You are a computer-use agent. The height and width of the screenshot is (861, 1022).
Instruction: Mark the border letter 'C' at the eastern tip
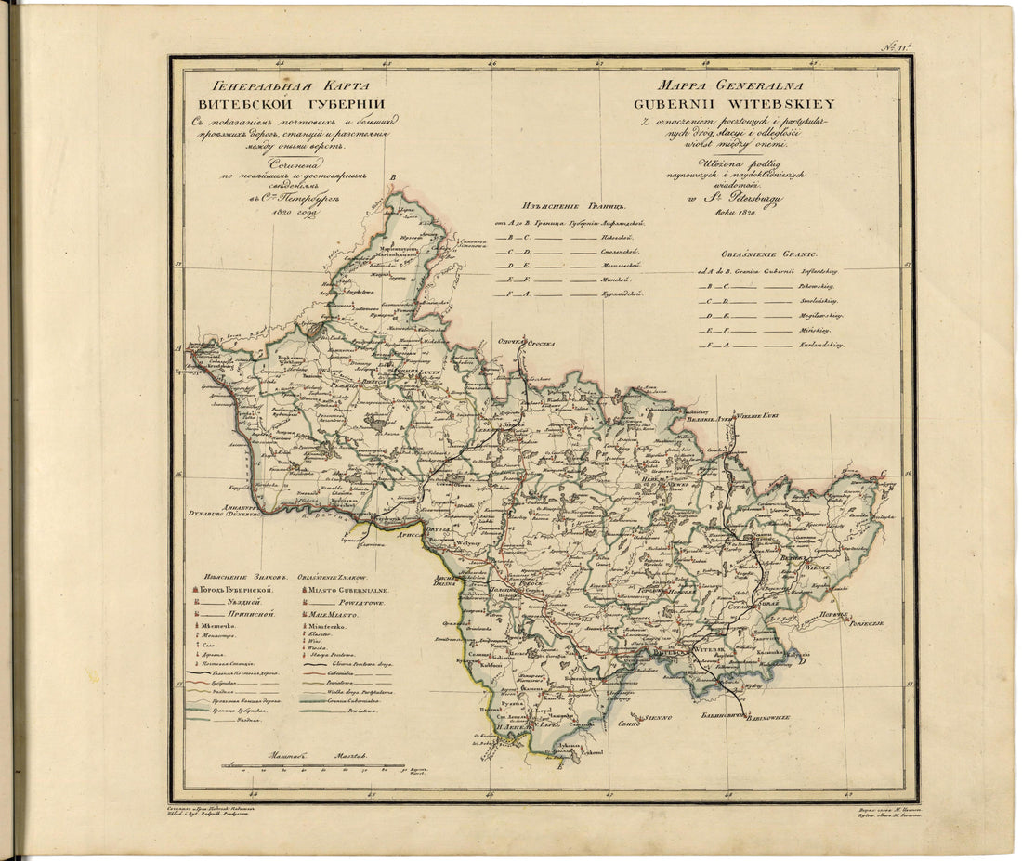click(894, 510)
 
